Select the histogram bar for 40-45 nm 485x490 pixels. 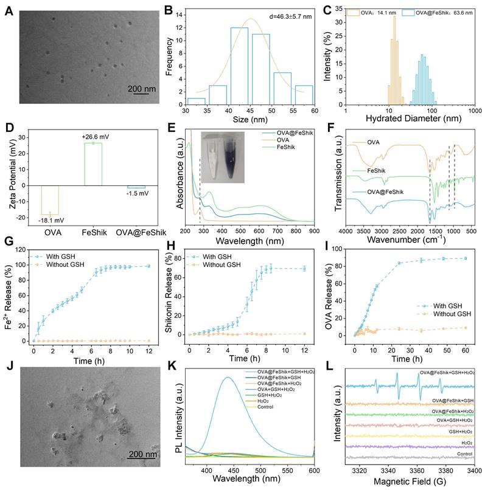tap(239, 67)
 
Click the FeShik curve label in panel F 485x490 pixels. tap(377, 172)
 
